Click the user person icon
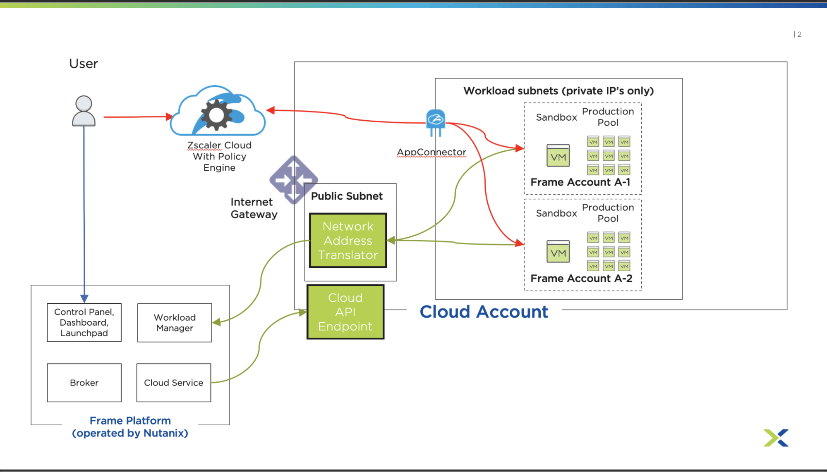click(84, 111)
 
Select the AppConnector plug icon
click(435, 122)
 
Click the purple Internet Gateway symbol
click(293, 180)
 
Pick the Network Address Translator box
click(348, 241)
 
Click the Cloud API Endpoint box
click(345, 312)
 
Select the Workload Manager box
click(175, 323)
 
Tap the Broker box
click(84, 383)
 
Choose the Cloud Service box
click(174, 383)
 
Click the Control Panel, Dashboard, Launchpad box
click(84, 322)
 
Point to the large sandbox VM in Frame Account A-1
click(558, 156)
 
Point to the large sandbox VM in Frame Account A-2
click(558, 252)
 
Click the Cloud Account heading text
click(484, 312)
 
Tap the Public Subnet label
click(347, 196)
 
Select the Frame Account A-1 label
click(580, 182)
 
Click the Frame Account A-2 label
click(581, 279)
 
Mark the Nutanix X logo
click(776, 438)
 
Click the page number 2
click(799, 34)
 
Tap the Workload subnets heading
click(558, 91)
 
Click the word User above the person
click(84, 64)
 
